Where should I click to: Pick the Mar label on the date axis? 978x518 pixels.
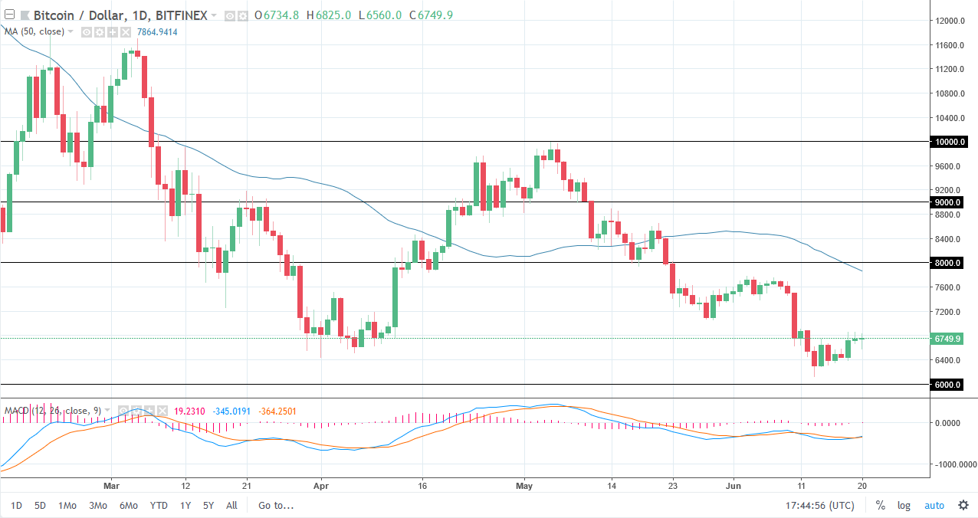111,485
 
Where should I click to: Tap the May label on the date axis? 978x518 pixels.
524,485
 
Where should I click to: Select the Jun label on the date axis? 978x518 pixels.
733,485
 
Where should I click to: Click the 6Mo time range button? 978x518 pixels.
127,505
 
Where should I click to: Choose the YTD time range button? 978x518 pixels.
159,505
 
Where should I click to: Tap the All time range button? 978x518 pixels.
231,505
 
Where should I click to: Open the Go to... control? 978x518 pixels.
276,505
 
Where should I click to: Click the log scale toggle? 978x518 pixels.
904,505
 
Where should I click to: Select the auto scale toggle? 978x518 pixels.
934,505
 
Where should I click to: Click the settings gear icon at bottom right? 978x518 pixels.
963,505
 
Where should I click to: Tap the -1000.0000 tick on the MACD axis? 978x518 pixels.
950,464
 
